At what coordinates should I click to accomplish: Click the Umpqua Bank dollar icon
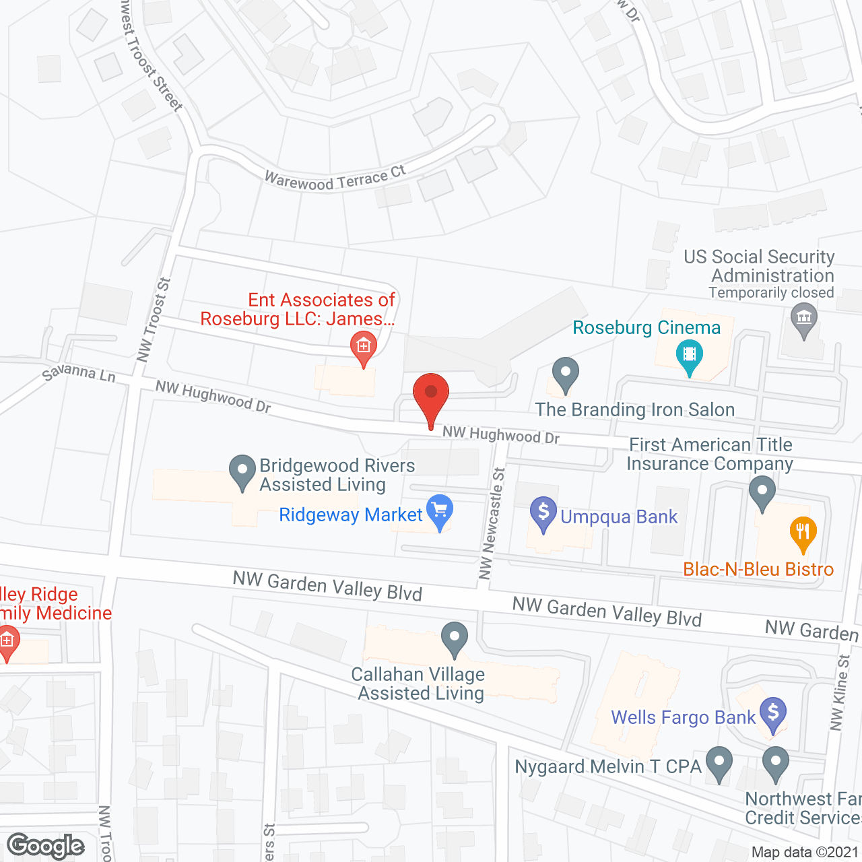tap(543, 512)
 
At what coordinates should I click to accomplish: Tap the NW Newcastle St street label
tap(492, 523)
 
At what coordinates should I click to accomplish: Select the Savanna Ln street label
tap(79, 372)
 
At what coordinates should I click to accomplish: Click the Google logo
tap(46, 846)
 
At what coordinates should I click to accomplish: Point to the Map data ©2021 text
tap(805, 852)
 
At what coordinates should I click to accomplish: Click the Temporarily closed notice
tap(771, 293)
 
